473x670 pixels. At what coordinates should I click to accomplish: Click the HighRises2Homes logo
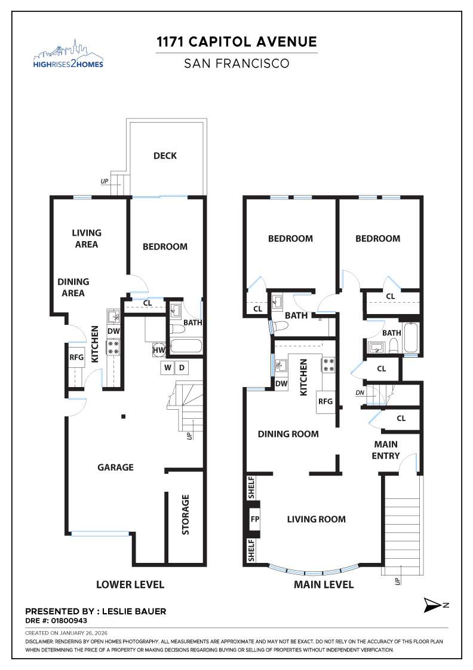[68, 54]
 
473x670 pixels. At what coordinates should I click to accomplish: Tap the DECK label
[165, 156]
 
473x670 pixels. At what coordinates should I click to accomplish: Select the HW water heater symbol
[159, 350]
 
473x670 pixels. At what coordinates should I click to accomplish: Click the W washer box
[167, 367]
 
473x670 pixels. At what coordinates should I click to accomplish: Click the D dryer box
[182, 367]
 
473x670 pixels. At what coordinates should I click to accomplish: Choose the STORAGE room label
[185, 514]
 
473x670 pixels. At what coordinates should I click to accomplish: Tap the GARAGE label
[115, 467]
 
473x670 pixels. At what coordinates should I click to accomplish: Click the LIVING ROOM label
[316, 519]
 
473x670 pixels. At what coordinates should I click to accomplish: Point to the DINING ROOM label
[288, 434]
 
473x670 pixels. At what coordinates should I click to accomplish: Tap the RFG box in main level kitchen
[325, 401]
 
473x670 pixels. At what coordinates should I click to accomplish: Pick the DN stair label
[360, 392]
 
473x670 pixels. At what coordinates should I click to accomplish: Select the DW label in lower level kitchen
[113, 331]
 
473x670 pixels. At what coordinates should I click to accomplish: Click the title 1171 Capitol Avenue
[236, 42]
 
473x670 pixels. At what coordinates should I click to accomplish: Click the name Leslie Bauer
[134, 611]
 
